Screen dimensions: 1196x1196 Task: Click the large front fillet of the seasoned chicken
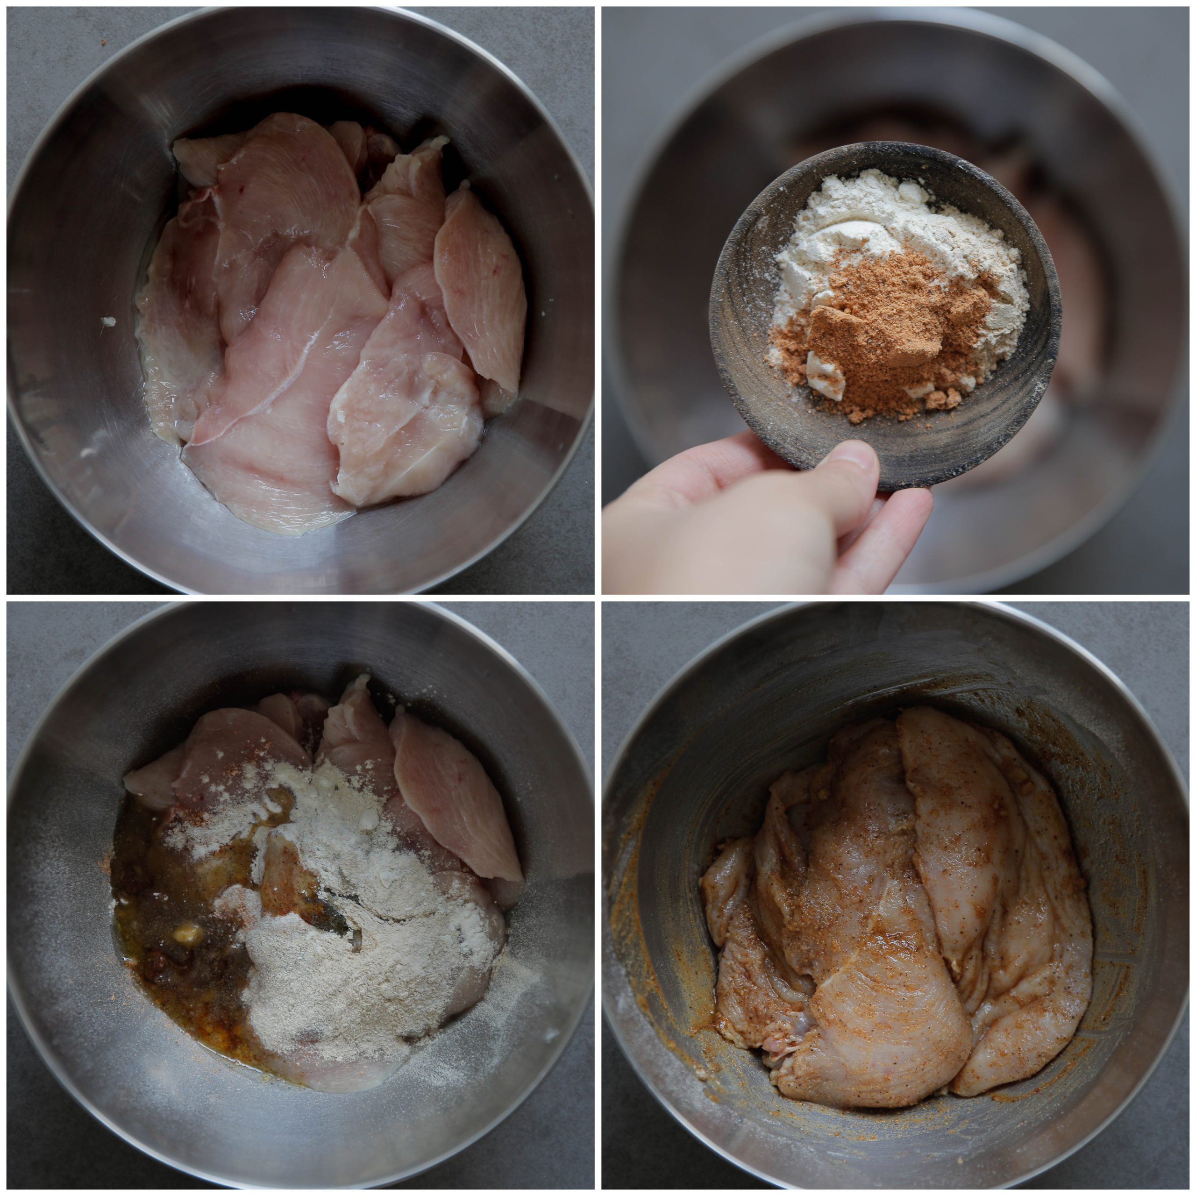click(879, 990)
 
